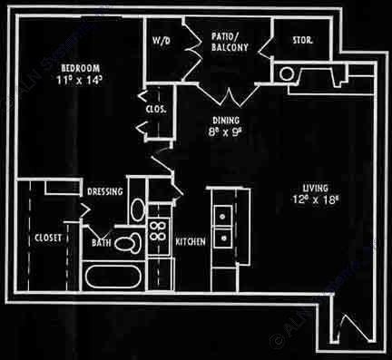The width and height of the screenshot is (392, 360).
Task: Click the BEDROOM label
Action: coord(80,68)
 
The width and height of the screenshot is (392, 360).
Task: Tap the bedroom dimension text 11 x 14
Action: coord(80,81)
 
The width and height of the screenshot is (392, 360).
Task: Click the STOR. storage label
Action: coord(302,42)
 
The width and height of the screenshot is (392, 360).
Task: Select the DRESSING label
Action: coord(105,192)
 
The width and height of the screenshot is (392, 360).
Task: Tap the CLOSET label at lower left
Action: coord(48,240)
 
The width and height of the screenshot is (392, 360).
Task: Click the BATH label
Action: coord(101,242)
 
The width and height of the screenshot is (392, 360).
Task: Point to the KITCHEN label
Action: coord(189,241)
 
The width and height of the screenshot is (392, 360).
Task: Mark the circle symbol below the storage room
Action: coord(287,73)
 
